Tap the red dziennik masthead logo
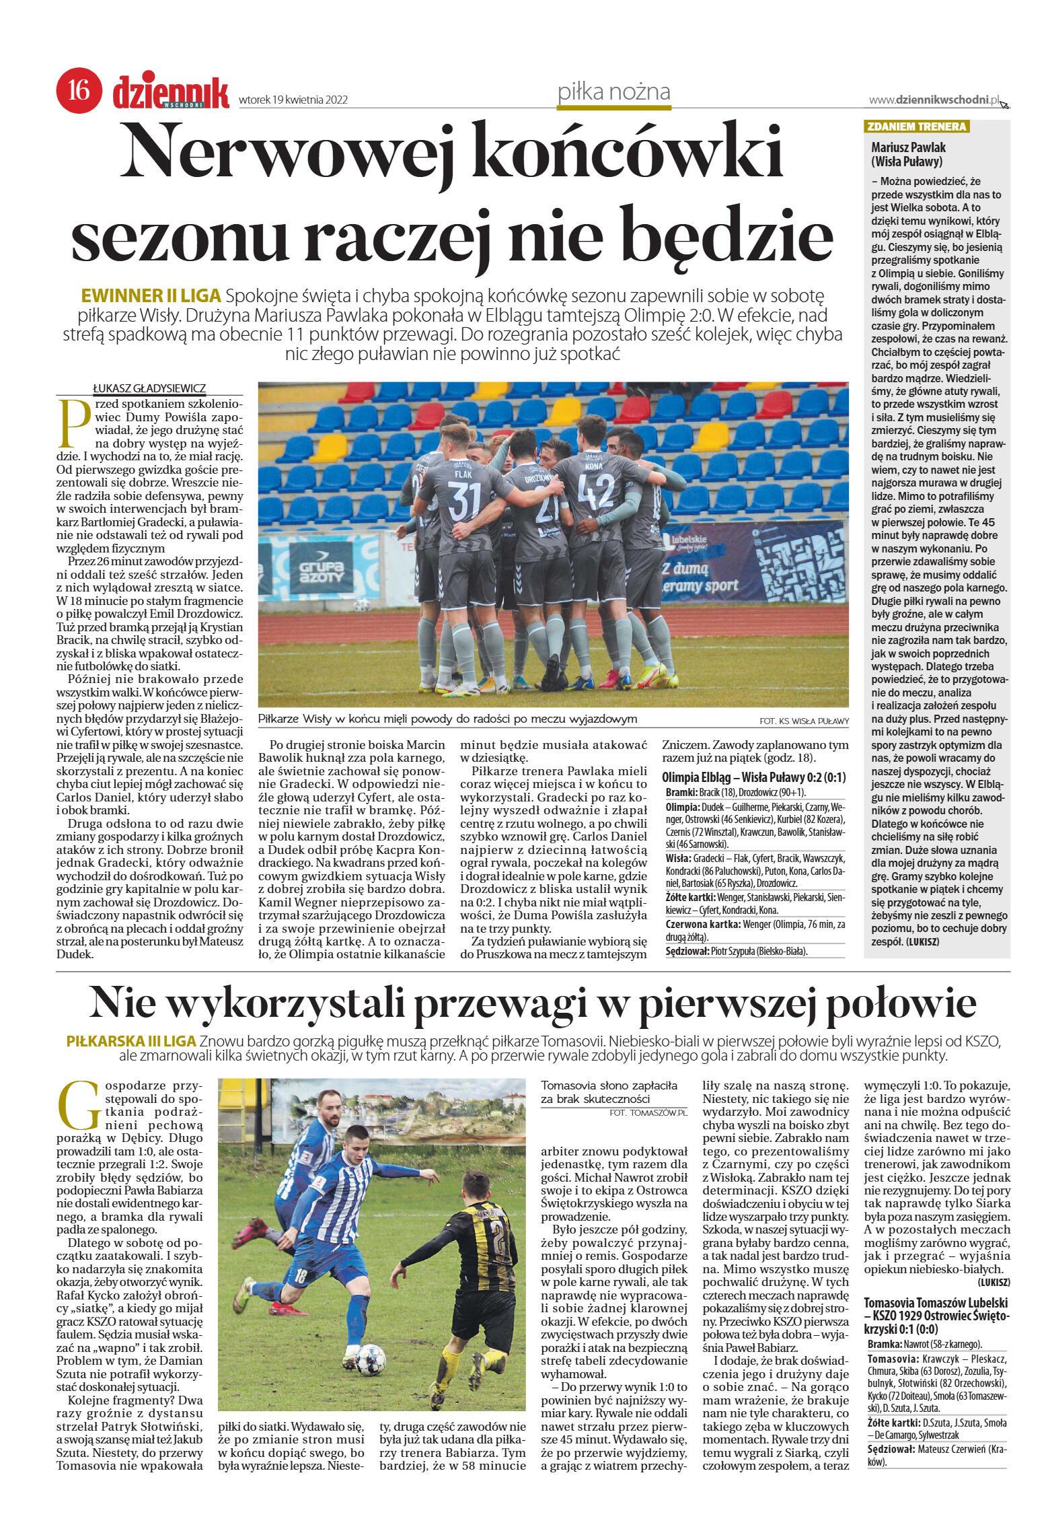(x=171, y=93)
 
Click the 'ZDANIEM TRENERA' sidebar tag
(x=916, y=127)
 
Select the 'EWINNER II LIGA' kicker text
(x=151, y=296)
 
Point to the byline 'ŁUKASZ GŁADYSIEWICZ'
(x=149, y=388)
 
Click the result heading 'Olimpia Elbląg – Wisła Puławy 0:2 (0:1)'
(x=754, y=778)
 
